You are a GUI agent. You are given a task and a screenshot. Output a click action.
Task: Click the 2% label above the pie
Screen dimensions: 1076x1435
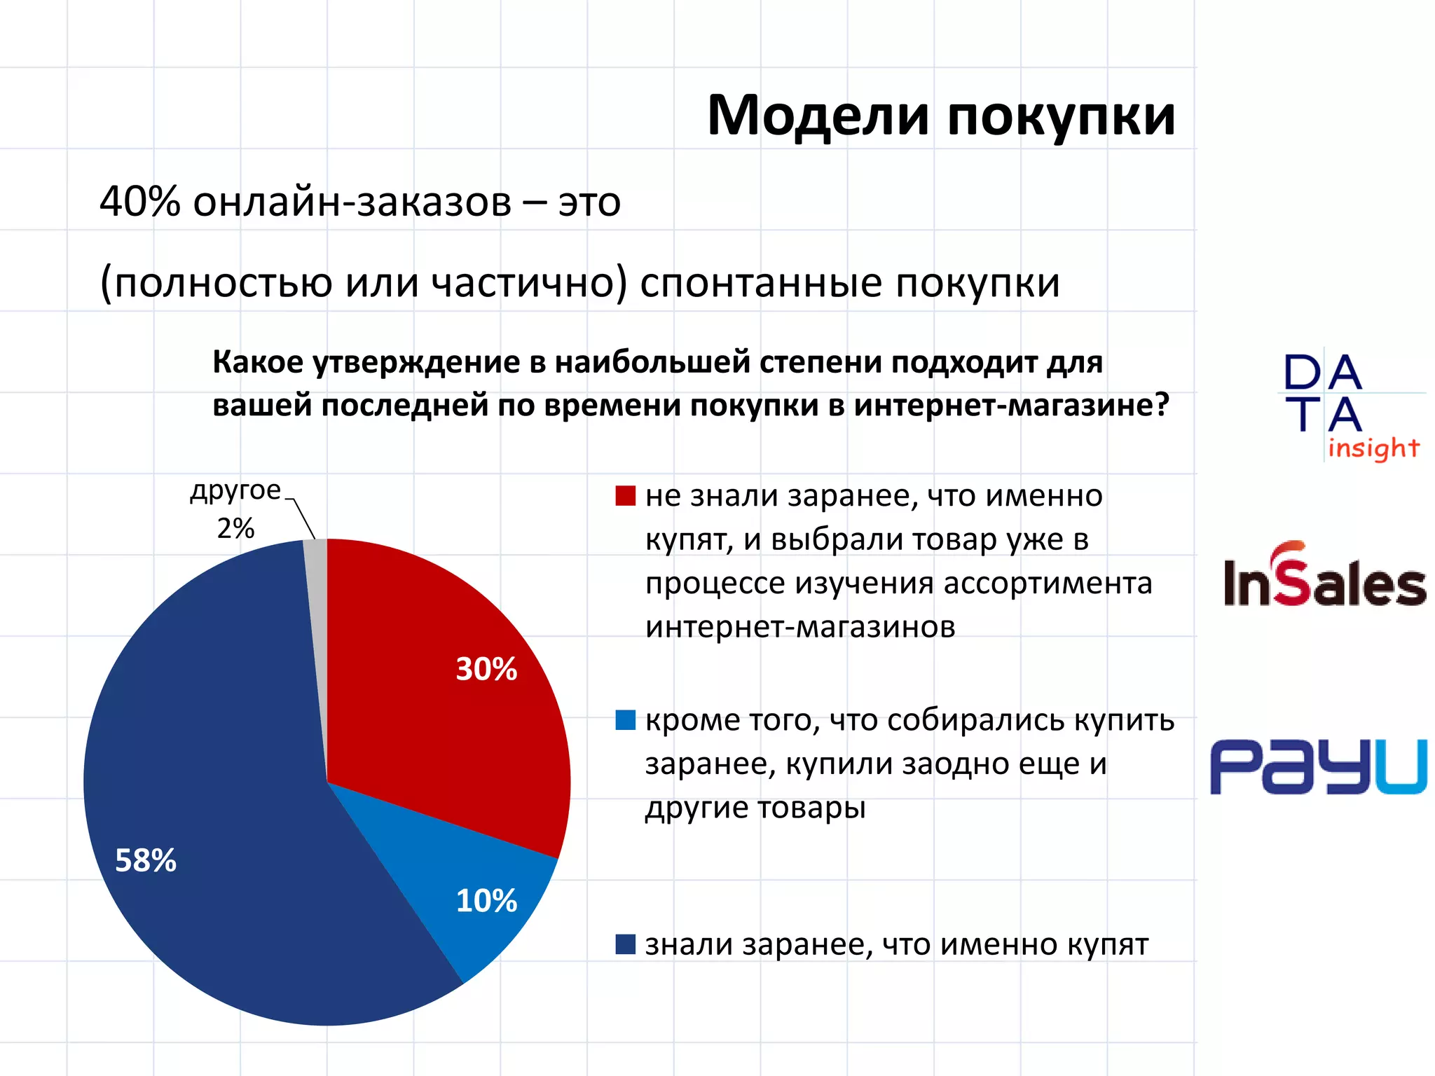point(235,528)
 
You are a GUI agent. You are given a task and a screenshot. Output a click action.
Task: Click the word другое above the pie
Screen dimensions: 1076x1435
point(235,490)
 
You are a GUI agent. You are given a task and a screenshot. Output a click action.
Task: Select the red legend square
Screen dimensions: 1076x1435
point(625,496)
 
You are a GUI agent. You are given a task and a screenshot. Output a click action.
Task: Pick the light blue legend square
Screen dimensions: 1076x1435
point(625,720)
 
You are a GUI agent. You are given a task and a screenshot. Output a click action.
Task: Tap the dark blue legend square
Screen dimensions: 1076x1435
point(625,944)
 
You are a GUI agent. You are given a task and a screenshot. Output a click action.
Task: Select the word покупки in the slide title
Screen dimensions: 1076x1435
point(1061,116)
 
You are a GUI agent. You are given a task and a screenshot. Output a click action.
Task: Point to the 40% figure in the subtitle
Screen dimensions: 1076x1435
point(140,202)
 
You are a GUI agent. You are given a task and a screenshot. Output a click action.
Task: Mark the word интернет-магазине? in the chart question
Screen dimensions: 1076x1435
point(1012,406)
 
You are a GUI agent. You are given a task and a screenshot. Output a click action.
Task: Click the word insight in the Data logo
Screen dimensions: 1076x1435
point(1373,448)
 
